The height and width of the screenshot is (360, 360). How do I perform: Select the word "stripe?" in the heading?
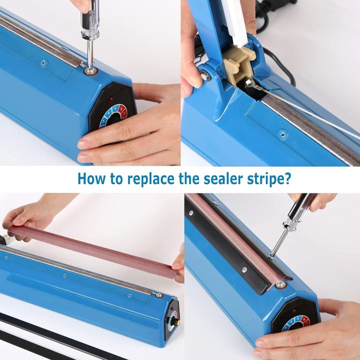[270, 179]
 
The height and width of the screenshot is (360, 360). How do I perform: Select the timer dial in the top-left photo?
[113, 116]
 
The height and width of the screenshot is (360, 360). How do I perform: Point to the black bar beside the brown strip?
[235, 250]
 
